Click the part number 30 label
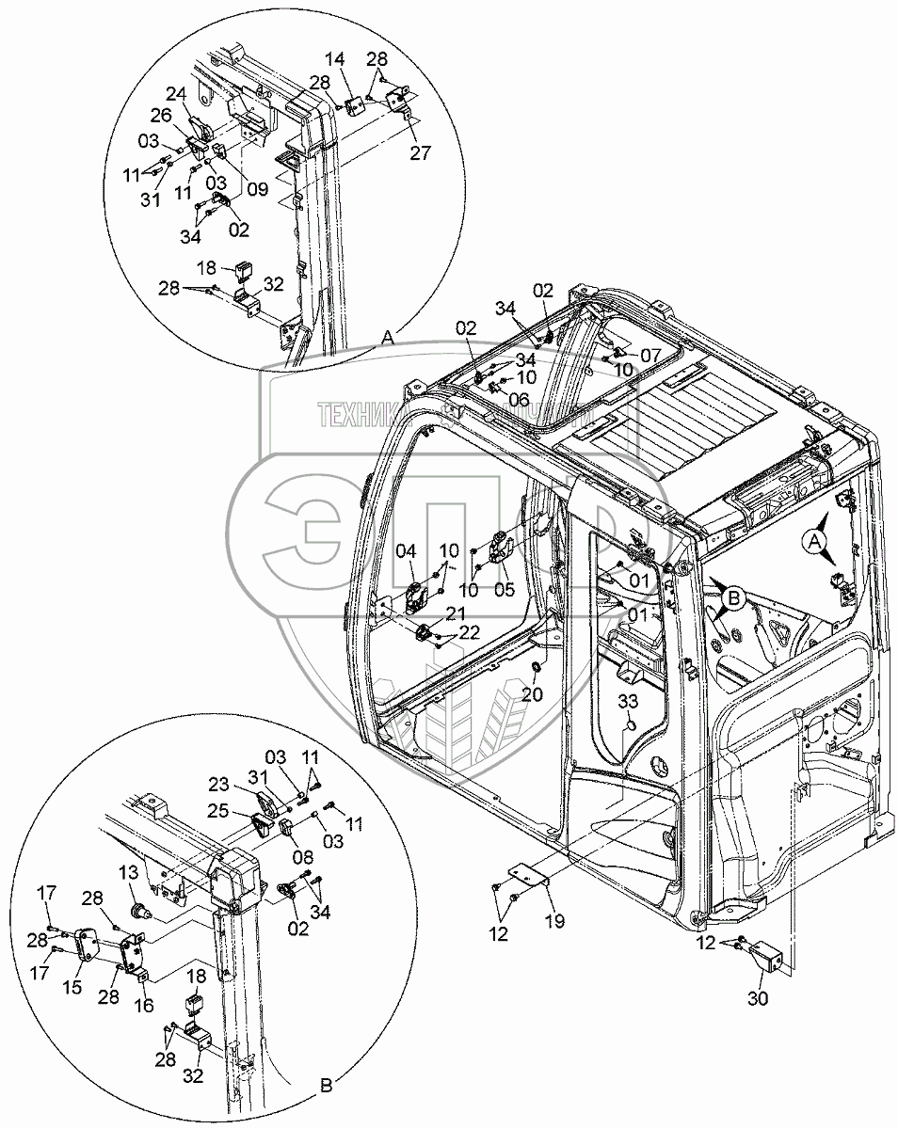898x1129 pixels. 758,999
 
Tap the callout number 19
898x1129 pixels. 554,921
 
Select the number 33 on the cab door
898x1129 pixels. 629,700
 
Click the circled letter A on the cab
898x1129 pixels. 815,539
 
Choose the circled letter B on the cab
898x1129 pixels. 733,595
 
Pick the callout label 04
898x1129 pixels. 405,550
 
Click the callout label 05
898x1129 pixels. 505,590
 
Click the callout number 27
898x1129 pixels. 420,153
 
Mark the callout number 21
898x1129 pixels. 456,613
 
